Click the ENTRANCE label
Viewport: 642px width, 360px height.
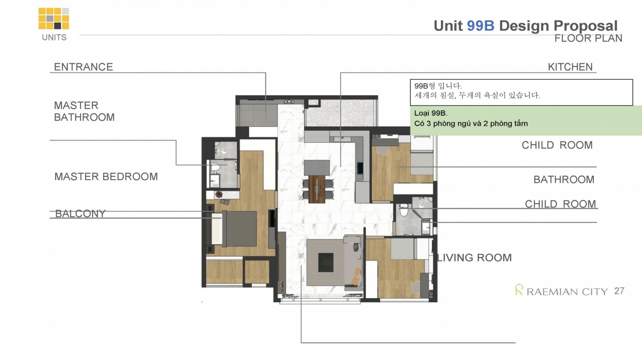click(83, 67)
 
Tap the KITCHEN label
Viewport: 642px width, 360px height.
click(570, 67)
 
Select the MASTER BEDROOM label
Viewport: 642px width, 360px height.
click(106, 177)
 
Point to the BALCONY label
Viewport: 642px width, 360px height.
click(80, 214)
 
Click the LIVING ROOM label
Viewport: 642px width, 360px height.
click(474, 257)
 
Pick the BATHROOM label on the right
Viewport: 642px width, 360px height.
click(564, 179)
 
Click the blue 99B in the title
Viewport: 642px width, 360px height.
click(481, 26)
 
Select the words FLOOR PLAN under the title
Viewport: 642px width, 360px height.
click(588, 38)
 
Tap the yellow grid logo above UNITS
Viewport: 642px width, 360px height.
click(54, 18)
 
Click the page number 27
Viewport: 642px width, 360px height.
click(620, 291)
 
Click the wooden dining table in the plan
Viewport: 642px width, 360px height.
click(317, 189)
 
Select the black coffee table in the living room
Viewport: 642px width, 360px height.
click(326, 262)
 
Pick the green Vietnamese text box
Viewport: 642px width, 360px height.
click(526, 120)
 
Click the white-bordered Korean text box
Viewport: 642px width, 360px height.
click(521, 92)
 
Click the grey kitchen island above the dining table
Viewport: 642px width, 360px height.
click(317, 168)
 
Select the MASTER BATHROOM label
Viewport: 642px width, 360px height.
click(84, 111)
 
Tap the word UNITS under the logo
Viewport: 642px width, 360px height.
click(54, 38)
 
